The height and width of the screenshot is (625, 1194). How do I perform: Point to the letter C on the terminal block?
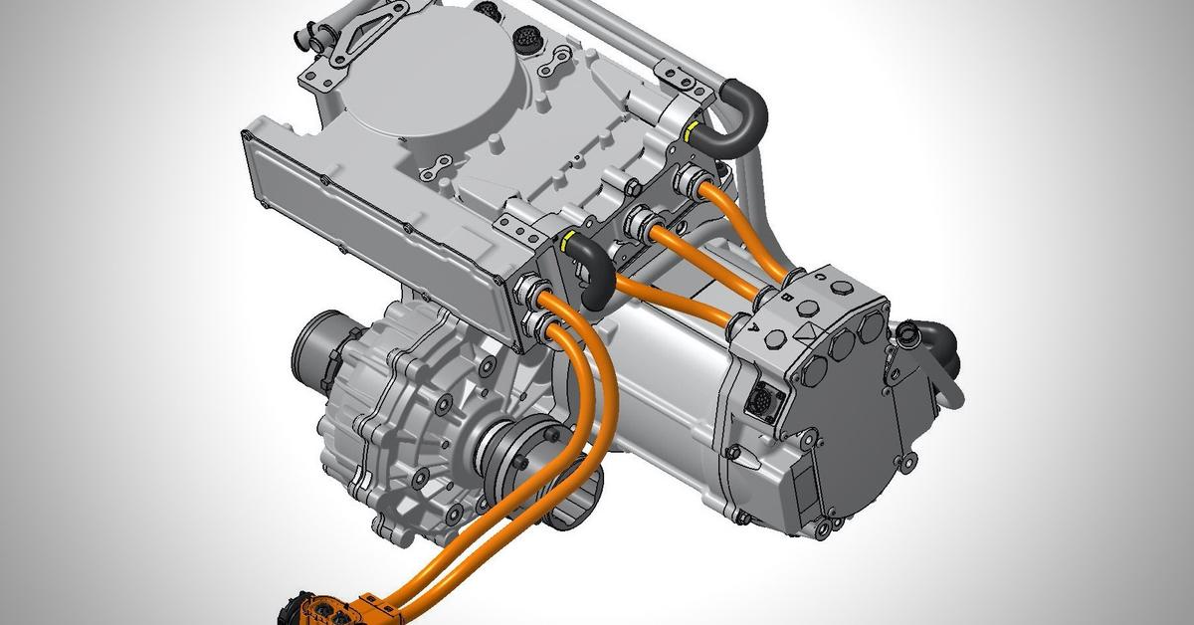coord(821,277)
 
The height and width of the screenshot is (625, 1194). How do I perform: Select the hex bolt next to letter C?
coord(842,289)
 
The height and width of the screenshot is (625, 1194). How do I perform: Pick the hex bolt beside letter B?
coord(808,309)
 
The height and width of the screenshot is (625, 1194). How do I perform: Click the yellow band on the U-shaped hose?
coord(692,133)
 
